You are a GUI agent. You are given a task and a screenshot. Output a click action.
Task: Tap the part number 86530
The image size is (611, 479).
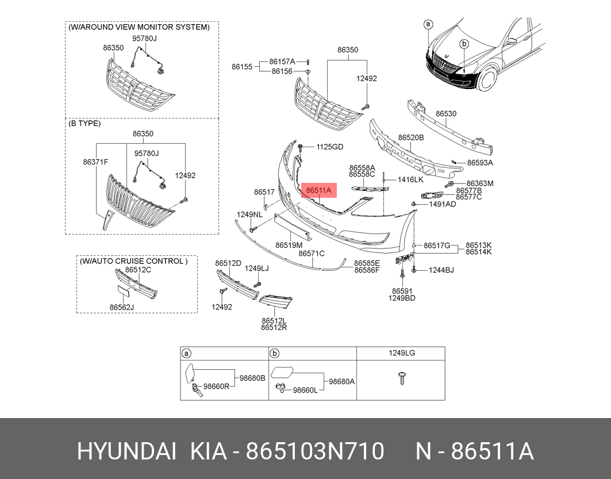pyautogui.click(x=445, y=114)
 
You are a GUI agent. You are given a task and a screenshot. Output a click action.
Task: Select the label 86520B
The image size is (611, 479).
pyautogui.click(x=411, y=138)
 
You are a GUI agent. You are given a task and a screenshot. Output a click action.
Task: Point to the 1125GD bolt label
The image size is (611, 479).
pyautogui.click(x=329, y=147)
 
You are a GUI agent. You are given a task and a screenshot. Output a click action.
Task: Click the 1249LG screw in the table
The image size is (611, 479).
pyautogui.click(x=401, y=378)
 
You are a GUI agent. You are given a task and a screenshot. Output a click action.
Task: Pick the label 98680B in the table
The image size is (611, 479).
pyautogui.click(x=252, y=378)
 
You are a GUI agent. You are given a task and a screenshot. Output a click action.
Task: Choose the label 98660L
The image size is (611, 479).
pyautogui.click(x=305, y=390)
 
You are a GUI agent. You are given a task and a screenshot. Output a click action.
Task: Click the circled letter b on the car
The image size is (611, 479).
pyautogui.click(x=464, y=44)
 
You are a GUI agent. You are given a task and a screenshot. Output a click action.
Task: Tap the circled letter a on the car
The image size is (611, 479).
pyautogui.click(x=428, y=24)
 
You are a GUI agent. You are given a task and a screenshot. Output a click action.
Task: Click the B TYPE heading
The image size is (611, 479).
pyautogui.click(x=84, y=123)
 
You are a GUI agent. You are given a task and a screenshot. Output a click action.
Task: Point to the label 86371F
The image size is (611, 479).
pyautogui.click(x=95, y=163)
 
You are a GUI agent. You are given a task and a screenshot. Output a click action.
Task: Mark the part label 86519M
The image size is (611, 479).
pyautogui.click(x=289, y=245)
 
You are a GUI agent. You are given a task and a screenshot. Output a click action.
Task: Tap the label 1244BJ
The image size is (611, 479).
pyautogui.click(x=441, y=270)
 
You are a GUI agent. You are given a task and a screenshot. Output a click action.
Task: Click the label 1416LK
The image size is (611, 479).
pyautogui.click(x=410, y=180)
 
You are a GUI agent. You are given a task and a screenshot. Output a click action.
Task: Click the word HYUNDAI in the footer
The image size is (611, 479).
pyautogui.click(x=126, y=452)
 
